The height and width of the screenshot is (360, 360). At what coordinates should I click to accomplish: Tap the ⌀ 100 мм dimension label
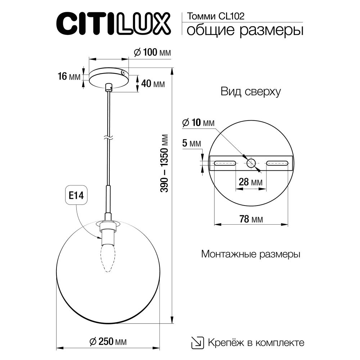pyautogui.click(x=152, y=53)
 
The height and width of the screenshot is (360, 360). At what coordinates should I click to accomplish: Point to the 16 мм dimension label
pyautogui.click(x=69, y=76)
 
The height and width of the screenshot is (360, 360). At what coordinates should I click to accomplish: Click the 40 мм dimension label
pyautogui.click(x=153, y=84)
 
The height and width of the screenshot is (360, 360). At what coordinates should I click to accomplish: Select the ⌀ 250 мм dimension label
pyautogui.click(x=108, y=341)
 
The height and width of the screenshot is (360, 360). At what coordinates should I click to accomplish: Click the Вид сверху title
pyautogui.click(x=251, y=92)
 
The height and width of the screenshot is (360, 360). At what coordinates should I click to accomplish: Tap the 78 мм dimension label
pyautogui.click(x=251, y=219)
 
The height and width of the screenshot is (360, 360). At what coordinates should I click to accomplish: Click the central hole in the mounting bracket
pyautogui.click(x=251, y=163)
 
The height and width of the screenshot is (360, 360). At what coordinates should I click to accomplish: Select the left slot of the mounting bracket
pyautogui.click(x=225, y=163)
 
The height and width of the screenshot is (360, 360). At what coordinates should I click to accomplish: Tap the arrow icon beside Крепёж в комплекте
pyautogui.click(x=197, y=342)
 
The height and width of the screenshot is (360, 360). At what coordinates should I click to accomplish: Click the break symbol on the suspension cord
pyautogui.click(x=108, y=137)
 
